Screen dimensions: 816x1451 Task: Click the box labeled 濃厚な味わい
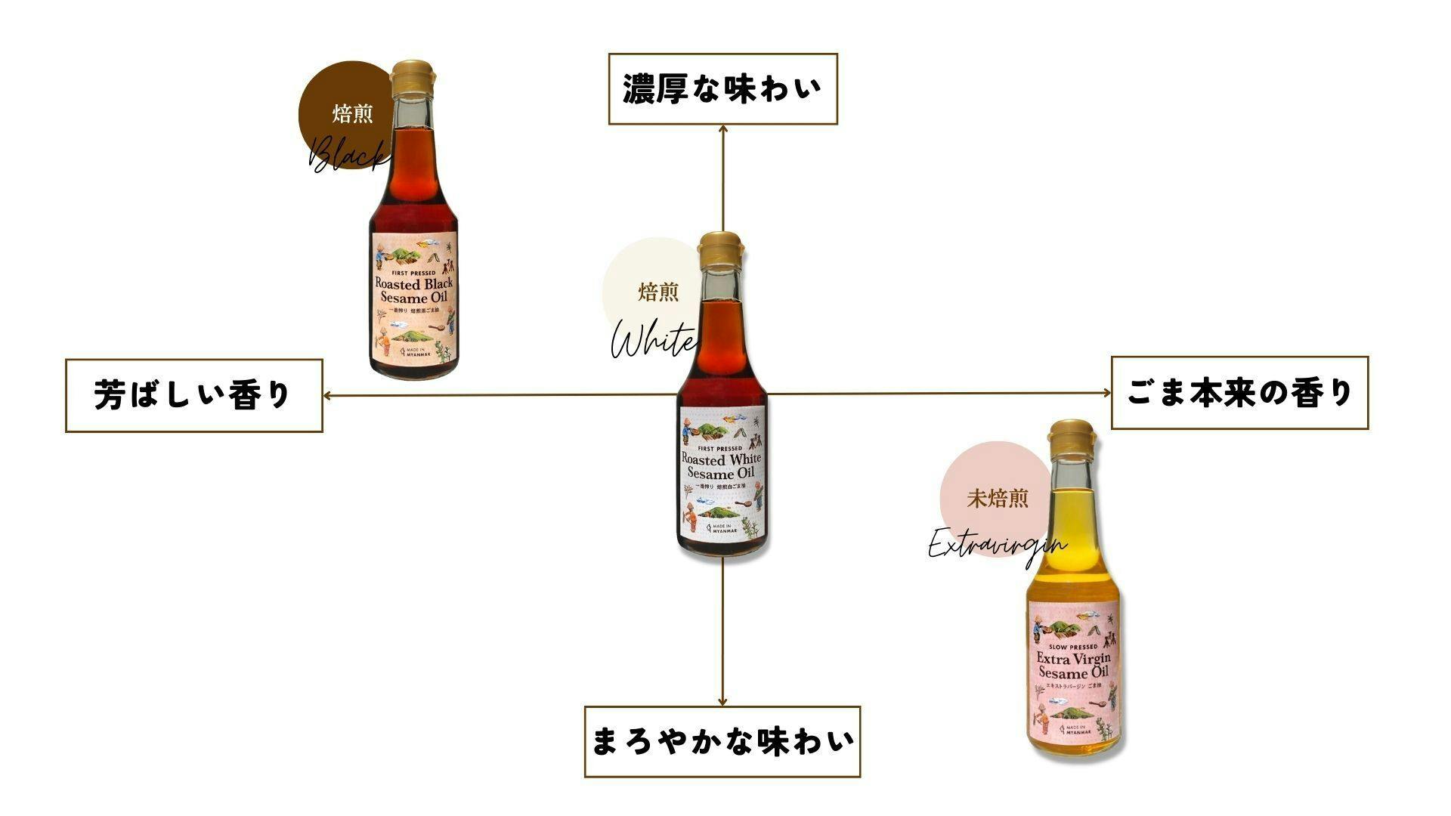(722, 88)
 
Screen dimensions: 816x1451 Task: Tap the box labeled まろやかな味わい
(722, 741)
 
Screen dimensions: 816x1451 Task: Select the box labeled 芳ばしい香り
(193, 395)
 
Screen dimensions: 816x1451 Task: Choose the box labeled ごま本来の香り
(1239, 393)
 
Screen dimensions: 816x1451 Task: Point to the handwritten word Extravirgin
(997, 545)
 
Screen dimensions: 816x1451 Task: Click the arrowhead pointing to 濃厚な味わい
(723, 129)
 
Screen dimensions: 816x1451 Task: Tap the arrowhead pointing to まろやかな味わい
(722, 701)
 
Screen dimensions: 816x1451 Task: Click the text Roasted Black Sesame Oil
(414, 290)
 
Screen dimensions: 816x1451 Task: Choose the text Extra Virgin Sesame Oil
(1073, 665)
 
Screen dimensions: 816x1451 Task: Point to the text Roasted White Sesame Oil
(721, 466)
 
